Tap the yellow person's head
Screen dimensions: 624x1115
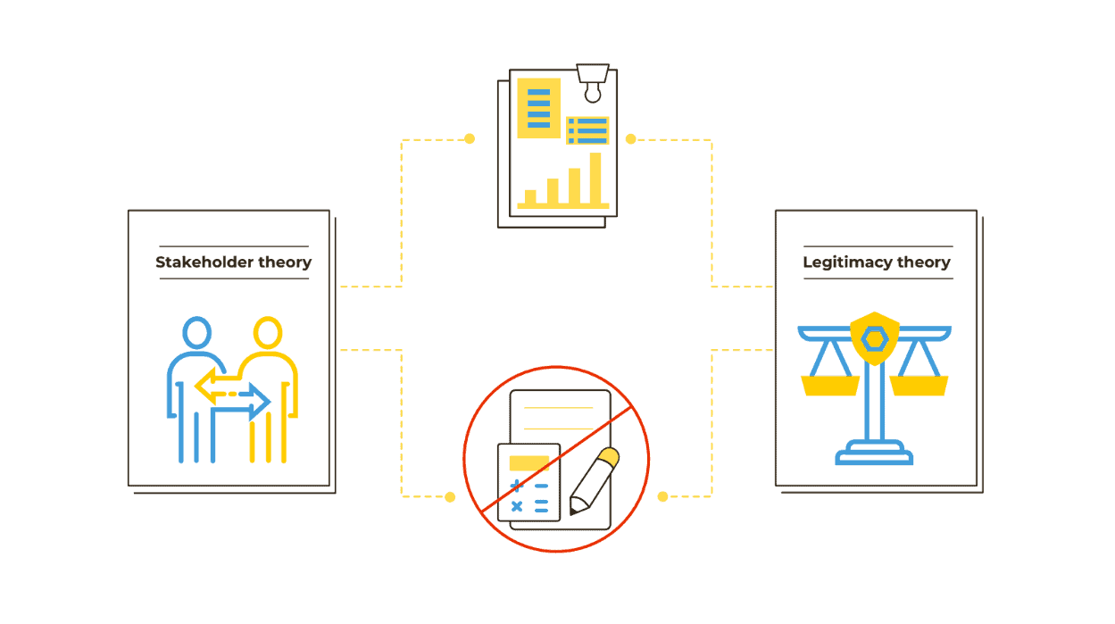click(267, 333)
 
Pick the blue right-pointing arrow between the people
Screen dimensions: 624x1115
click(254, 402)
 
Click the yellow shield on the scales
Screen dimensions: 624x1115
click(874, 338)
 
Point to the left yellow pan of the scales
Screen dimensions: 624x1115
click(830, 386)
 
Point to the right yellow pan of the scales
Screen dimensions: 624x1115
click(919, 386)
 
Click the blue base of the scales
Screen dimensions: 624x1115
click(874, 456)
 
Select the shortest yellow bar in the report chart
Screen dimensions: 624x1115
click(530, 197)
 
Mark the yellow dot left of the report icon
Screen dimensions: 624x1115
click(470, 139)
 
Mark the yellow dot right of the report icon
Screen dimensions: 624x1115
click(630, 139)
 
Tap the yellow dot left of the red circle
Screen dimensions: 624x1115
click(450, 496)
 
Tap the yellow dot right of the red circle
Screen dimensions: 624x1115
click(662, 496)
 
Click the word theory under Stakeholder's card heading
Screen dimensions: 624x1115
click(285, 262)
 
